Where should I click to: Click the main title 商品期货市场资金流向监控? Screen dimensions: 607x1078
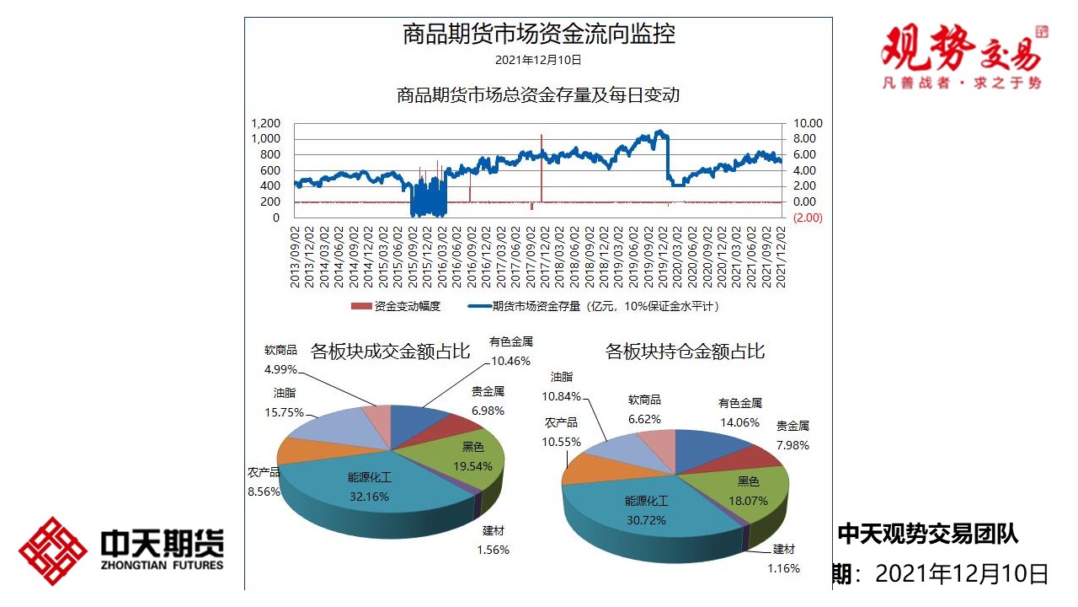click(x=538, y=35)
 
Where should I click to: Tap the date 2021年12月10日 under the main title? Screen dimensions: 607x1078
click(x=538, y=60)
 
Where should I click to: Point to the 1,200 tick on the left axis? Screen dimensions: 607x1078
click(x=265, y=124)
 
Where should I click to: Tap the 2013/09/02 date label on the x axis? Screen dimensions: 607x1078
click(x=296, y=255)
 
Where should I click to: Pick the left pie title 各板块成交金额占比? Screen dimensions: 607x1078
click(x=390, y=351)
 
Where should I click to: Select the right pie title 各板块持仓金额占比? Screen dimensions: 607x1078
click(x=685, y=351)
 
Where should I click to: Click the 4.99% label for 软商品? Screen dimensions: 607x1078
click(x=280, y=368)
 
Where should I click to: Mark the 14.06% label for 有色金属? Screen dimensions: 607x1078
click(x=739, y=422)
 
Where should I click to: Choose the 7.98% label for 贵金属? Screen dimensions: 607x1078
click(x=792, y=445)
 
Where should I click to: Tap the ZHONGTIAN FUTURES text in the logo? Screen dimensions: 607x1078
click(x=162, y=565)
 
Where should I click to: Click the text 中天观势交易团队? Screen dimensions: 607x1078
click(x=927, y=534)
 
